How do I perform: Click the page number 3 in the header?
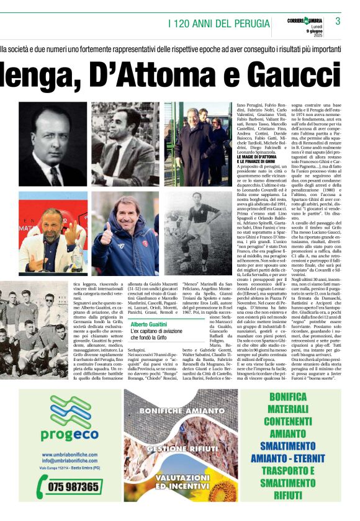pyautogui.click(x=338, y=21)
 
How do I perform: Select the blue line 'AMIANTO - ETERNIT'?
pyautogui.click(x=287, y=458)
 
